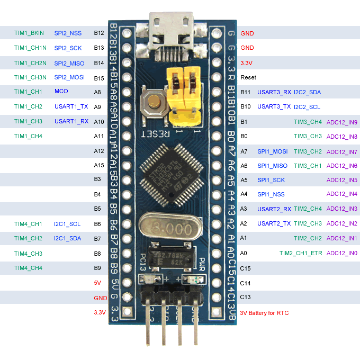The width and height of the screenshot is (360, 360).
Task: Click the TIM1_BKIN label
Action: (x=29, y=33)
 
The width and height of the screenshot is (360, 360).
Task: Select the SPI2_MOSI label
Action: (x=69, y=77)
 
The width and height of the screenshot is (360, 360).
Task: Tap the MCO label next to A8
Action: (x=61, y=92)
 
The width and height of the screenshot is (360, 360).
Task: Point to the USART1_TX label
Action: (x=71, y=106)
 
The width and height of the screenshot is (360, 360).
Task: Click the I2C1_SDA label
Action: (x=67, y=238)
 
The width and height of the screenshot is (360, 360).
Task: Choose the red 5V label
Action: (x=97, y=283)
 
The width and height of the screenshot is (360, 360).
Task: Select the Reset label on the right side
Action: (x=248, y=77)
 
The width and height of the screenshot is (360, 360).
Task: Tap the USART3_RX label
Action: (x=274, y=92)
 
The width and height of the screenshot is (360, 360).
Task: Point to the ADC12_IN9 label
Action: (x=342, y=122)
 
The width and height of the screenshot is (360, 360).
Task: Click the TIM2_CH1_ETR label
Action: (x=300, y=253)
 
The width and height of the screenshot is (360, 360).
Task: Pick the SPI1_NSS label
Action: (x=271, y=194)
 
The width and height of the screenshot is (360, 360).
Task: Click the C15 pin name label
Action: (x=246, y=268)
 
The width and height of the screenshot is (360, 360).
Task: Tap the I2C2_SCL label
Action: (x=307, y=107)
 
